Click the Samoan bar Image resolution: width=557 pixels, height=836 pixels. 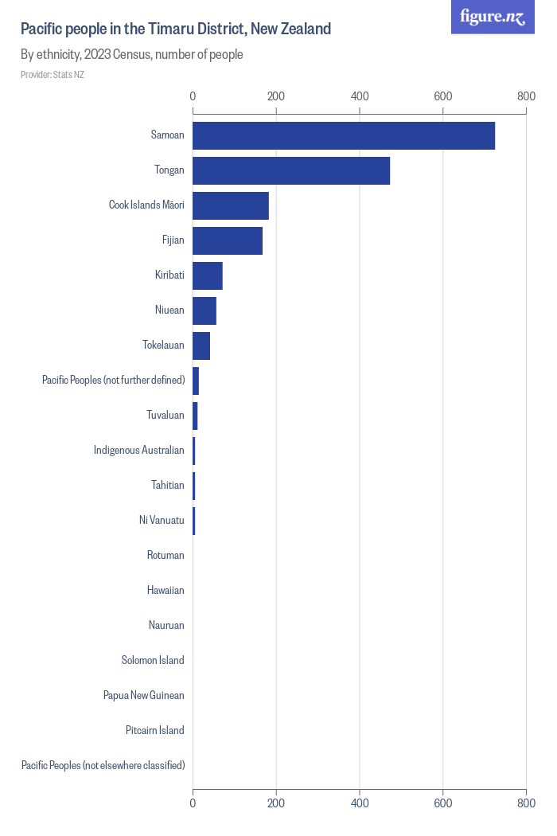(344, 135)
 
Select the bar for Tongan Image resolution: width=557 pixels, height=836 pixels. (291, 170)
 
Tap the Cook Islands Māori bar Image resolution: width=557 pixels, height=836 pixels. (231, 205)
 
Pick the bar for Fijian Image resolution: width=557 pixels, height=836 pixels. (228, 240)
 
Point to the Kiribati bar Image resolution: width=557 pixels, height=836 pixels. (208, 275)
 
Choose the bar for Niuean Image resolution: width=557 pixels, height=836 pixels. (204, 311)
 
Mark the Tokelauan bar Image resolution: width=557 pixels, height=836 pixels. (201, 346)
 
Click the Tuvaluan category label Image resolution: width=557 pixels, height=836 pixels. (166, 415)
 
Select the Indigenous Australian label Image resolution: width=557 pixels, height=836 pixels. (139, 450)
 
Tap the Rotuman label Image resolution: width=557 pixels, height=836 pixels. (166, 555)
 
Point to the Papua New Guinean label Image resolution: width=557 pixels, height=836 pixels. (144, 695)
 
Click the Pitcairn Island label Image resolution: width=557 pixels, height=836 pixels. (155, 730)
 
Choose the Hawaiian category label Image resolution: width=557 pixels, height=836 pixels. (166, 590)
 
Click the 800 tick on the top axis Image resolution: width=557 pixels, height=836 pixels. (525, 96)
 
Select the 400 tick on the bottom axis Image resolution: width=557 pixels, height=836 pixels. (360, 803)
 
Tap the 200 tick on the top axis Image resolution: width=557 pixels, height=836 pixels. (276, 96)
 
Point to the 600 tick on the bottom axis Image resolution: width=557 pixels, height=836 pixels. (442, 803)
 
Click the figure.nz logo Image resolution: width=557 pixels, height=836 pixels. (493, 17)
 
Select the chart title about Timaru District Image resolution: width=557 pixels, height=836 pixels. (176, 29)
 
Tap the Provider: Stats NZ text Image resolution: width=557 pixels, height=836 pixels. (53, 75)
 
